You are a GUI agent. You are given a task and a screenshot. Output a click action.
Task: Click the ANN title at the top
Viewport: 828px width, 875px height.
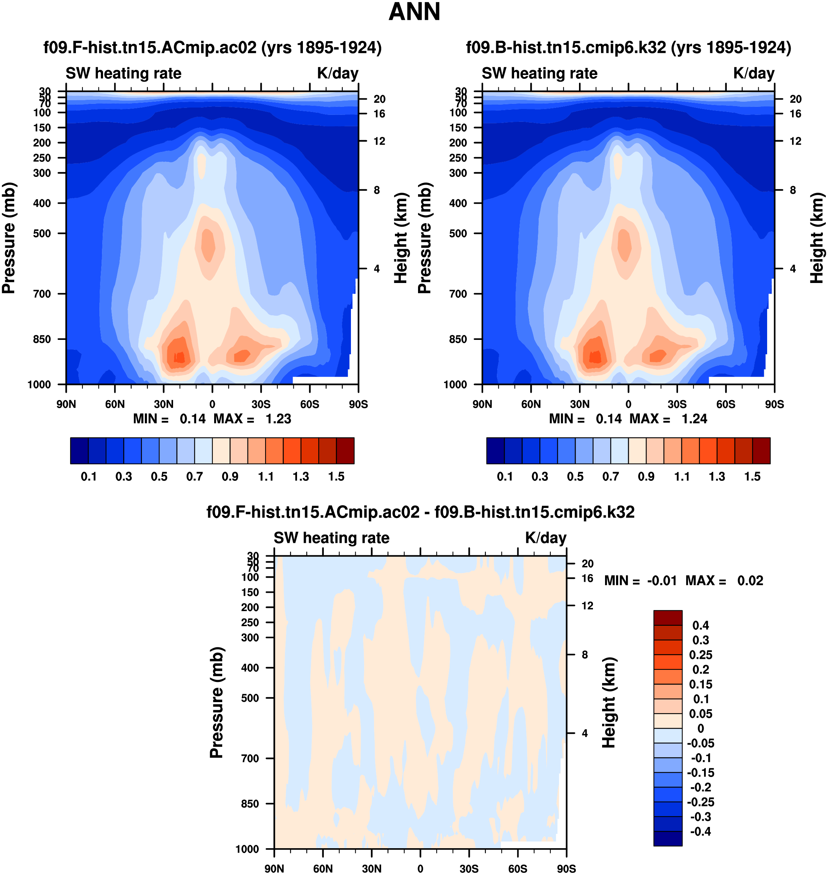point(414,12)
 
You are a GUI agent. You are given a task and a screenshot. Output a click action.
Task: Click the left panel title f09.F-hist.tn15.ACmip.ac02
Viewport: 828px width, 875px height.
point(212,48)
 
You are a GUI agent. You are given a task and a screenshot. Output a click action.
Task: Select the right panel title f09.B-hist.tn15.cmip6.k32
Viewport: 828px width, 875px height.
point(628,48)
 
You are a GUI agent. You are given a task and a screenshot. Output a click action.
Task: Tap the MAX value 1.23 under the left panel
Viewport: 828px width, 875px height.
point(278,419)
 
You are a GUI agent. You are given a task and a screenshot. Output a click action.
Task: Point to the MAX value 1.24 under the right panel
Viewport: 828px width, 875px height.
point(694,419)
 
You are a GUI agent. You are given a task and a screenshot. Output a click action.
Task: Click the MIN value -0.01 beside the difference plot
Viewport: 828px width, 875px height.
point(662,580)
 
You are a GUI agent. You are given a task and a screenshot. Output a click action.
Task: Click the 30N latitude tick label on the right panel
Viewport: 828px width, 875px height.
point(579,404)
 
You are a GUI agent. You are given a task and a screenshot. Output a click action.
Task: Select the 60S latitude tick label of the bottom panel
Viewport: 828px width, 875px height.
point(517,868)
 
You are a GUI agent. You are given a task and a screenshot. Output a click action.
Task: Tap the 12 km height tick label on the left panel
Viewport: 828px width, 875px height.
point(380,141)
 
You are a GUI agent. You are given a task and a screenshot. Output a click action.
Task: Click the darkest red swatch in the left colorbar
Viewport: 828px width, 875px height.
point(345,451)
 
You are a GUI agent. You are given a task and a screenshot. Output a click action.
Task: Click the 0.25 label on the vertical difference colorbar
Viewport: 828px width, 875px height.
point(700,654)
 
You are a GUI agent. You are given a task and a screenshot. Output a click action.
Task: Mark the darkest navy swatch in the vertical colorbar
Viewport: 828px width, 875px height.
point(668,838)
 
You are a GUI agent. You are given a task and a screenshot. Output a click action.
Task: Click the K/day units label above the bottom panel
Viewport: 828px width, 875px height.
point(546,538)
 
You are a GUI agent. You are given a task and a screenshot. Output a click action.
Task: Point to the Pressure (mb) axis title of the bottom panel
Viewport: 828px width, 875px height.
point(217,702)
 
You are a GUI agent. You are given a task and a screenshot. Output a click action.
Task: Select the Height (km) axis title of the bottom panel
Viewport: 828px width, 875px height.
point(609,702)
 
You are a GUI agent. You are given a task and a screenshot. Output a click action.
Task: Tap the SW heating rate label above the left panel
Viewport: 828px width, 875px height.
point(124,73)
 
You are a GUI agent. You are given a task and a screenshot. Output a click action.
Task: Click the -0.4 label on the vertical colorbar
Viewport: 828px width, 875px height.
point(700,832)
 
